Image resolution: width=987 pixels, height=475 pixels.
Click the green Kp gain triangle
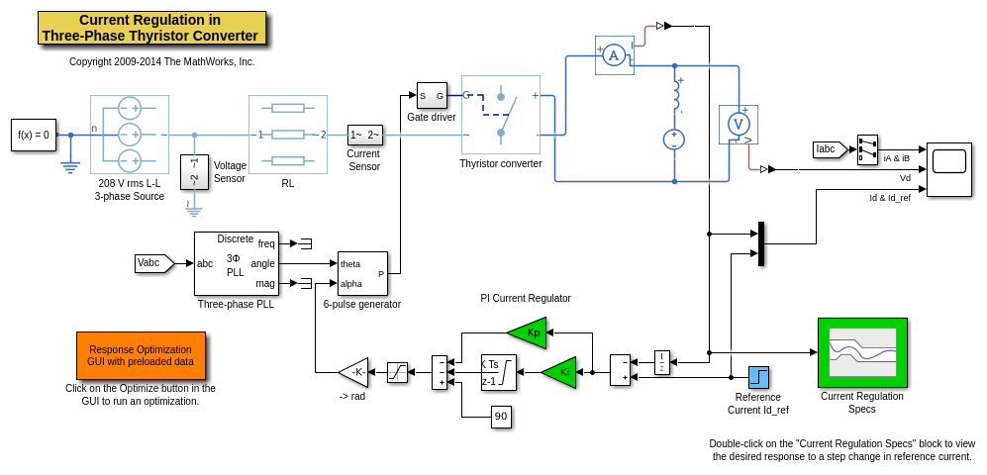(x=529, y=332)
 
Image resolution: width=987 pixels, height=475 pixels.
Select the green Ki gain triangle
(x=560, y=372)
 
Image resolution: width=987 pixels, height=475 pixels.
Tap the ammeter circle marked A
(x=614, y=55)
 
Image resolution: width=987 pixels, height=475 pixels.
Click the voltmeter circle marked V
(x=738, y=124)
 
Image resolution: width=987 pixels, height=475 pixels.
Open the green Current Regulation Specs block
(x=862, y=352)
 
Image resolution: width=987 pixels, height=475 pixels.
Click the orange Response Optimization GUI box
(x=141, y=355)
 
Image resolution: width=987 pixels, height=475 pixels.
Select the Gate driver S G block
(x=432, y=96)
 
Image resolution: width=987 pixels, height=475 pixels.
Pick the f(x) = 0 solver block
(x=34, y=135)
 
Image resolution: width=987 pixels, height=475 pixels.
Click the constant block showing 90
(x=501, y=417)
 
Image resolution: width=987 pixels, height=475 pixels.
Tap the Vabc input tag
(x=152, y=263)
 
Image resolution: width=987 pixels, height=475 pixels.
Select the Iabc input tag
(x=828, y=149)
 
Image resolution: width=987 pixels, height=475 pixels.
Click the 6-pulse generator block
(x=362, y=274)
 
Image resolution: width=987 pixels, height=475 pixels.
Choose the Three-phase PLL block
(x=236, y=263)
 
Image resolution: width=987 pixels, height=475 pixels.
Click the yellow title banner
(x=151, y=28)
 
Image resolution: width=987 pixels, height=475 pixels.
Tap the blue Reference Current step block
(x=758, y=377)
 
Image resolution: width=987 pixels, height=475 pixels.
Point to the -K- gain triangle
(x=353, y=372)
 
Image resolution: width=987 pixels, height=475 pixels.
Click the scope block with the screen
(x=948, y=169)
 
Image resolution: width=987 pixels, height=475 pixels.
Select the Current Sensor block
(x=364, y=135)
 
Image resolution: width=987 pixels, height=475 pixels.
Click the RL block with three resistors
(x=287, y=135)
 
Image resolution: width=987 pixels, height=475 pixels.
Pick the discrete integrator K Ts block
(x=498, y=372)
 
